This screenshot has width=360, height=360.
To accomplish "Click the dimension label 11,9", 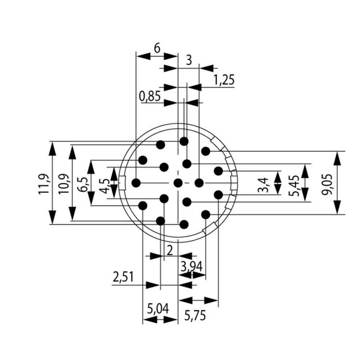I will (x=44, y=184).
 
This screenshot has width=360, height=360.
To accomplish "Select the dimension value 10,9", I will (x=64, y=184).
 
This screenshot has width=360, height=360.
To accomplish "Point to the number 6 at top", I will (x=157, y=48).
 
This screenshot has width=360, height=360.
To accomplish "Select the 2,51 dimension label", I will (x=123, y=277).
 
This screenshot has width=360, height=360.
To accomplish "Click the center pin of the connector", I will (x=178, y=183).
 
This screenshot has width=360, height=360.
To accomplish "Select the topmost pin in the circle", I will (x=184, y=141).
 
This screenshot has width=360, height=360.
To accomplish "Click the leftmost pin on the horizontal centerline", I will (x=136, y=183).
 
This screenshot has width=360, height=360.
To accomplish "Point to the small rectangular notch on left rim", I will (x=122, y=183).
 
